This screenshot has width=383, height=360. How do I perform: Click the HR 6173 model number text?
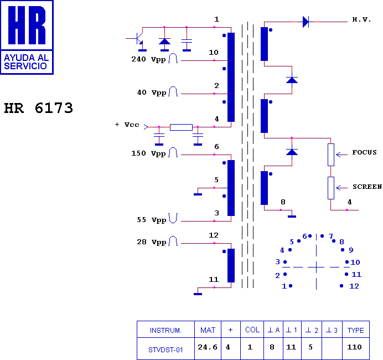tap(39, 108)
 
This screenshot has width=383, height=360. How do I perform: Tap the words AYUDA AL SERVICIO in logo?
tap(27, 62)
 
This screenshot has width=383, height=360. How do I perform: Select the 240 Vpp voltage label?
tap(148, 59)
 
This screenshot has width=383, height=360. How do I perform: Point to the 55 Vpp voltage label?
tap(152, 220)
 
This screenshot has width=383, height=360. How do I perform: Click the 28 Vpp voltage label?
tap(152, 242)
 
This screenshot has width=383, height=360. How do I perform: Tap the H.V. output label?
tap(361, 19)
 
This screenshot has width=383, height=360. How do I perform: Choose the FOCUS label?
tap(364, 152)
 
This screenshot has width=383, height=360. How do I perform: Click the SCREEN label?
tap(367, 187)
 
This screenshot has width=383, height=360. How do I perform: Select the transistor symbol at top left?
tap(137, 39)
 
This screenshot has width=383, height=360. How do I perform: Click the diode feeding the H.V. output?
tap(306, 22)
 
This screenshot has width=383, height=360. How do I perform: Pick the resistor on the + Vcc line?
tap(181, 127)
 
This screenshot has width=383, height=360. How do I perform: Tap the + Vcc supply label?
tap(127, 125)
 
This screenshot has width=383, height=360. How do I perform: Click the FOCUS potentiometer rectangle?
tap(331, 155)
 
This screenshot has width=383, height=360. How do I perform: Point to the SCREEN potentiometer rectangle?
tap(331, 188)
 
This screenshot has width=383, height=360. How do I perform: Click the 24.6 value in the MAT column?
tap(208, 347)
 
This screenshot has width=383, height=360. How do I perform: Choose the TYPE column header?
tap(356, 331)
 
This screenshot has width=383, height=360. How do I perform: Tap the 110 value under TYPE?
tap(354, 347)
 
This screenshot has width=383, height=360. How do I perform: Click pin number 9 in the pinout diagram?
tap(351, 250)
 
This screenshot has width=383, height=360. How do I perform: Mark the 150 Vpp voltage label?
tap(148, 153)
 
